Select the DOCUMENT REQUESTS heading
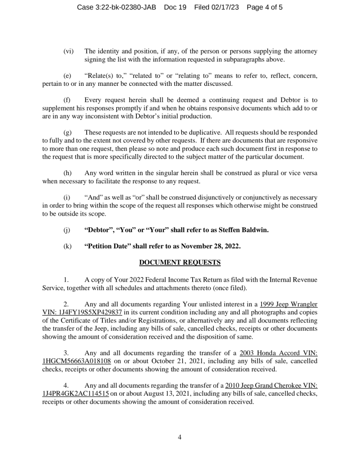(180, 262)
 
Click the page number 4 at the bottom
(180, 437)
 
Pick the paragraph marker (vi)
(69, 51)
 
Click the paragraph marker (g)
(68, 133)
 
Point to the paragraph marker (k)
(68, 246)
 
